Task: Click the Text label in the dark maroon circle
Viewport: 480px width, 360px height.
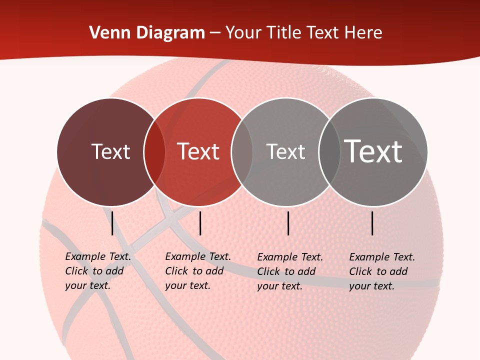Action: tap(110, 151)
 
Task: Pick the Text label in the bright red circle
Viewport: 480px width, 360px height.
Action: tap(198, 151)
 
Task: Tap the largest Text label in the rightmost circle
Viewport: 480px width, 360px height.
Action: tap(373, 151)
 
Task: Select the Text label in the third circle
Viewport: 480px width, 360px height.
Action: tap(285, 151)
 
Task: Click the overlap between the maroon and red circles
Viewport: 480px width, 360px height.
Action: tap(154, 152)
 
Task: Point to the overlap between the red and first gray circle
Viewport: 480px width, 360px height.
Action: tap(242, 152)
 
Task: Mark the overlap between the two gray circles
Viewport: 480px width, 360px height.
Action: tap(329, 152)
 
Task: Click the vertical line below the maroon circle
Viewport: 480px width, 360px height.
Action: tap(112, 223)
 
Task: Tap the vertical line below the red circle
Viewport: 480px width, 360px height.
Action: tap(200, 223)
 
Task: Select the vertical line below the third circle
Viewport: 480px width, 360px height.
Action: tap(288, 223)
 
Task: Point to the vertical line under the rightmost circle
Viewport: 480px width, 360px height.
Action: tap(372, 223)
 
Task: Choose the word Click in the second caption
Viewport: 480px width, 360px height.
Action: tap(176, 271)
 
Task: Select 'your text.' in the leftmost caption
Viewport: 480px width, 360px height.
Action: tap(87, 286)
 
